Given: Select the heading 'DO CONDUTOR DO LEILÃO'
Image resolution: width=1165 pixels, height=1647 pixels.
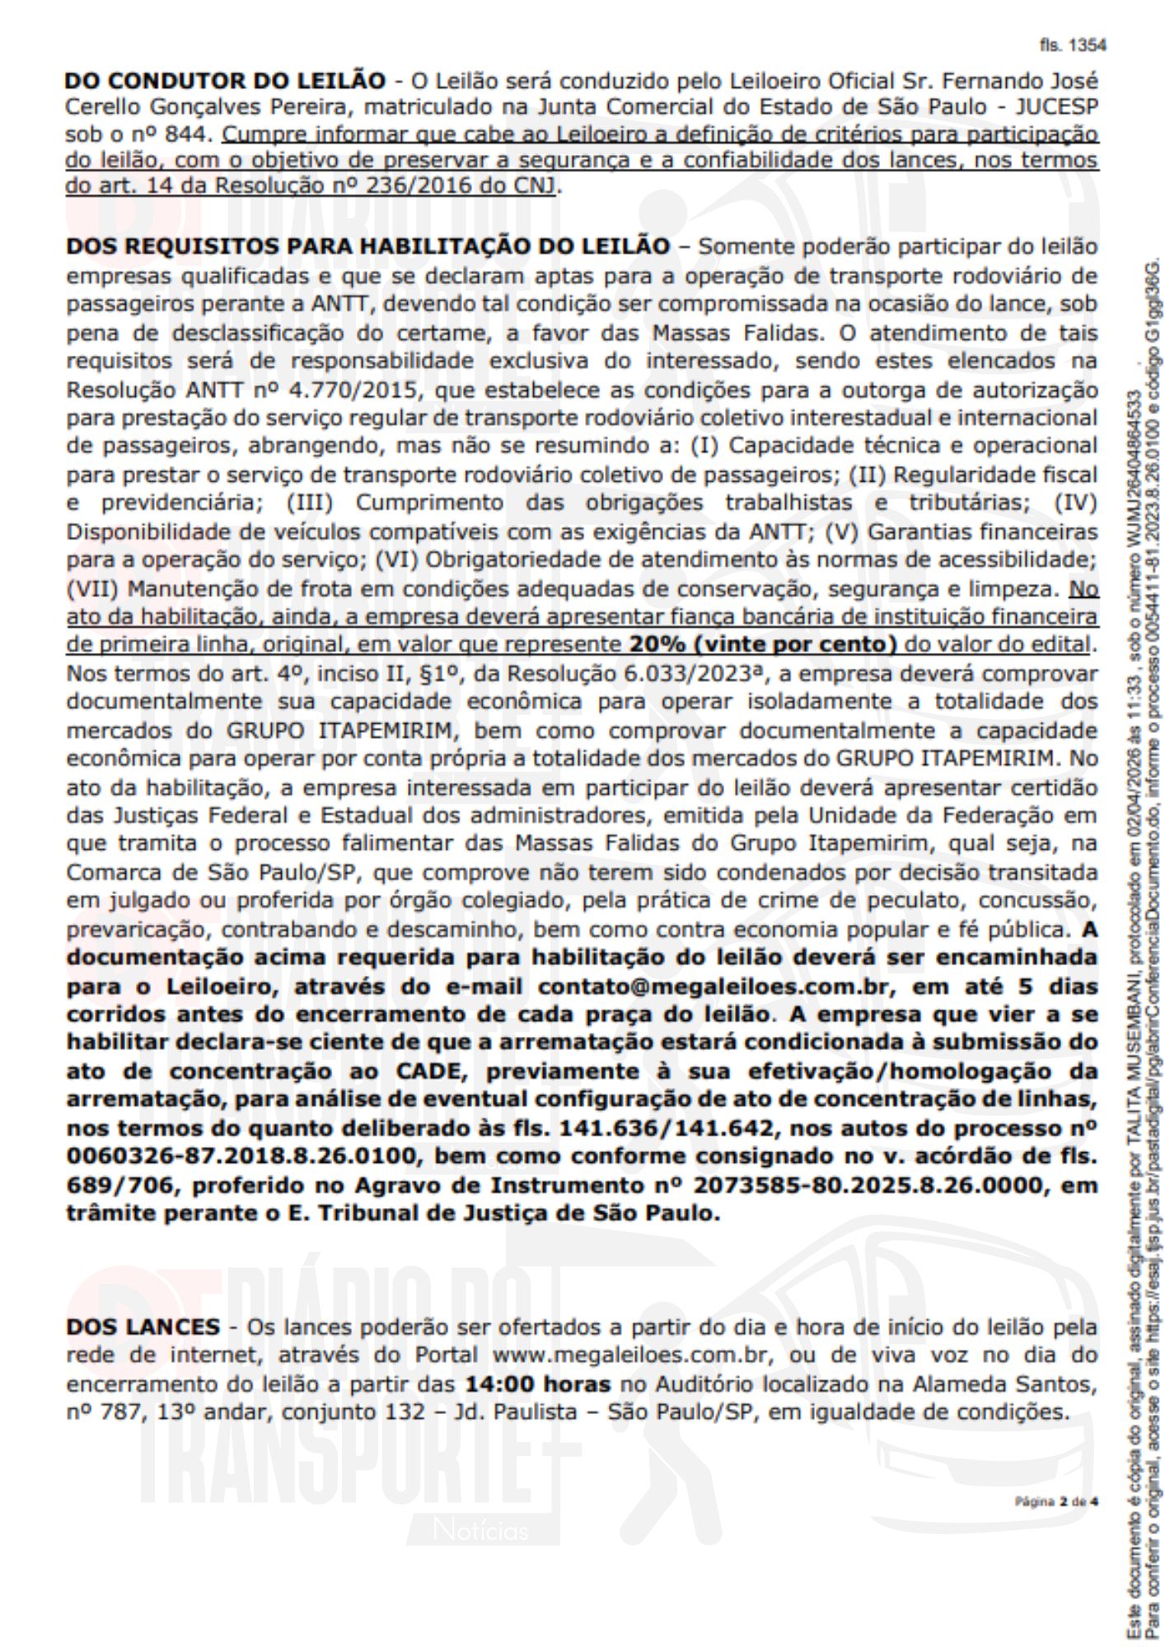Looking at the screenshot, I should click(225, 81).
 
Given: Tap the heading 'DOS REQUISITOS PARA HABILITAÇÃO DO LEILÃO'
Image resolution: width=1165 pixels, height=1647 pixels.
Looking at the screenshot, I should click(367, 246).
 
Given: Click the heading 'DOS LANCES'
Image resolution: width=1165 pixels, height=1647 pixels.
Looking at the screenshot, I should click(143, 1327).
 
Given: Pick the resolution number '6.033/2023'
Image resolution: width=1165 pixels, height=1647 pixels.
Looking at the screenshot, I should click(689, 673).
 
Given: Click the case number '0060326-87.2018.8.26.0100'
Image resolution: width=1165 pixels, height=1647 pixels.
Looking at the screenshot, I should click(241, 1157).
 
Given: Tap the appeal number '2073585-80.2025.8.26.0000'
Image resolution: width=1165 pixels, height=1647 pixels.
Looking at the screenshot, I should click(868, 1185).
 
